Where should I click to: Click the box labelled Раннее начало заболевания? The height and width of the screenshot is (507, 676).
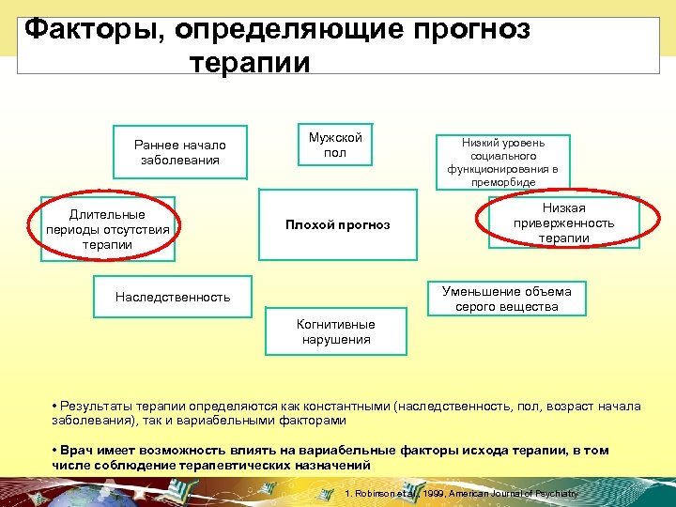tap(179, 152)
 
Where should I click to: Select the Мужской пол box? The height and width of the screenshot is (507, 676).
tap(335, 145)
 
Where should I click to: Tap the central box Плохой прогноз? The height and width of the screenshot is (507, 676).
tap(337, 225)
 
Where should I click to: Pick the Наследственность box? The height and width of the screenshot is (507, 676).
tap(173, 297)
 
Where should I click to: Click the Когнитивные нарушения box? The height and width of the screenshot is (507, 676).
tap(335, 331)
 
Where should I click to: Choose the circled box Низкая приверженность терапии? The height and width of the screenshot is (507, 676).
tap(563, 223)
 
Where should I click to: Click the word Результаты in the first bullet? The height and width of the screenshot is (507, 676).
tap(96, 407)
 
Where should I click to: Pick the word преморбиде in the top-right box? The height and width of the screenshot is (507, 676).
tap(502, 182)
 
